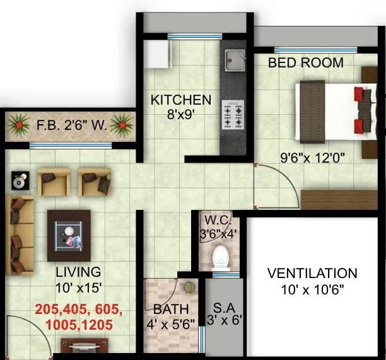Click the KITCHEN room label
coord(180,100)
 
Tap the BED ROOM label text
coord(306,62)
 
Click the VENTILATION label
coord(312,274)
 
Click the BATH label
coord(171,310)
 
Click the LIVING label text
coord(78,272)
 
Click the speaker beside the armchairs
coord(20,181)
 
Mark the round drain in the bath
coord(189,287)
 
